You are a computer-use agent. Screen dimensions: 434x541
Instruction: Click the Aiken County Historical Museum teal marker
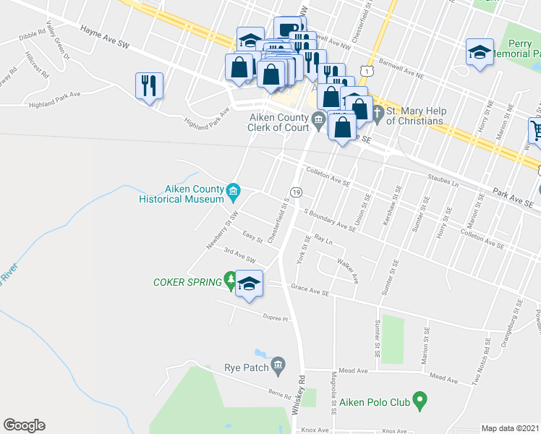233,191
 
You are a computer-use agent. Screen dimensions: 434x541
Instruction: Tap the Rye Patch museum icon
278,367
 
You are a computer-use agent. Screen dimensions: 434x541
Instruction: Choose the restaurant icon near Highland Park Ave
149,85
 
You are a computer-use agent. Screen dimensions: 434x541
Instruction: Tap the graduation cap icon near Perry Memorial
479,52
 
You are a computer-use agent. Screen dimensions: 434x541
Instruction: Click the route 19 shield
297,191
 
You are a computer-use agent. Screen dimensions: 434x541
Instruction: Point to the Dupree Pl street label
275,318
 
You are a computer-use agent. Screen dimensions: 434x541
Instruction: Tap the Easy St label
252,237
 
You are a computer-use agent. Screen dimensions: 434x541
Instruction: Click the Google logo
24,425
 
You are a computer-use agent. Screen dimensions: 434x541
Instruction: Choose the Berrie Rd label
259,393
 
